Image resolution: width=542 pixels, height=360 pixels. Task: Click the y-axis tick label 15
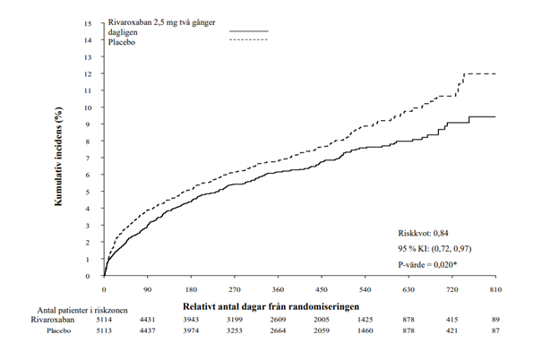click(88, 23)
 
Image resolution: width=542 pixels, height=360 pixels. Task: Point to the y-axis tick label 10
click(88, 107)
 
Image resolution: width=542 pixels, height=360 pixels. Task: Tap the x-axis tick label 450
click(322, 289)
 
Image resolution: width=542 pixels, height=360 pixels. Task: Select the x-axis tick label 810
click(495, 289)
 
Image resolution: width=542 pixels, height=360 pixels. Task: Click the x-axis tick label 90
click(148, 289)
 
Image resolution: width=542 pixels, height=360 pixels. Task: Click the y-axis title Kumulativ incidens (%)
click(58, 157)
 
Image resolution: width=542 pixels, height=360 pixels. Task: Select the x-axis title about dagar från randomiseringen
click(271, 306)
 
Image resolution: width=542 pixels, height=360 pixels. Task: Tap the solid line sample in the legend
click(249, 31)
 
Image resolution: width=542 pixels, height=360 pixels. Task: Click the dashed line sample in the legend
click(249, 40)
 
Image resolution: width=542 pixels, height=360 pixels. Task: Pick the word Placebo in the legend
click(122, 42)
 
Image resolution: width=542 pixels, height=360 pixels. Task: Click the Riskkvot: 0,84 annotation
click(423, 233)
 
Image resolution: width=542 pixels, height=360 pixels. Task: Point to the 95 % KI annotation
click(434, 249)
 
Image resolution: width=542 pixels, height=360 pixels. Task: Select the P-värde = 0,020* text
click(427, 265)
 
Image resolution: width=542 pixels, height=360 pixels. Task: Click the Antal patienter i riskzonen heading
click(82, 310)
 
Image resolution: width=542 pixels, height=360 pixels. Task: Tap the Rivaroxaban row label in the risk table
click(53, 320)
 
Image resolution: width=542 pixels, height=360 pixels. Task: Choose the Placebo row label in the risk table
click(59, 330)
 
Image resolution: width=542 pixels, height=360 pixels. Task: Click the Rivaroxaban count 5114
click(104, 320)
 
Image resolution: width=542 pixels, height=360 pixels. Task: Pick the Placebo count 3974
click(191, 330)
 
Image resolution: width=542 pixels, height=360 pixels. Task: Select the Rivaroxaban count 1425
click(365, 320)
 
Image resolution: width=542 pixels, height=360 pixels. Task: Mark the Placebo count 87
click(495, 330)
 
